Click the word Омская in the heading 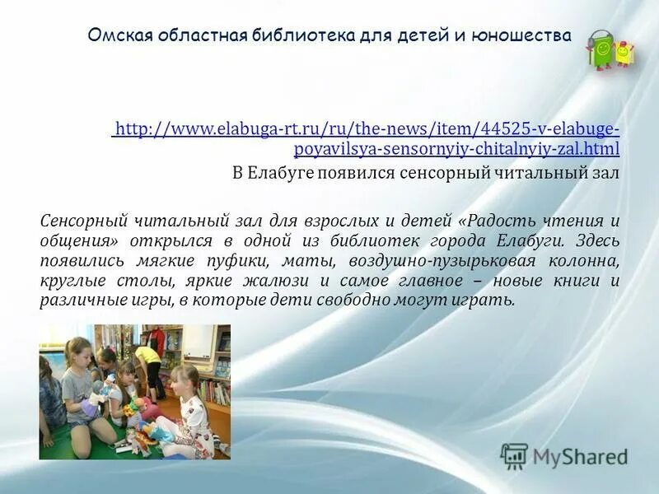pyautogui.click(x=114, y=36)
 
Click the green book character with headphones pyautogui.click(x=601, y=51)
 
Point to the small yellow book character pyautogui.click(x=624, y=54)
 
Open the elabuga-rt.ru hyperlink pyautogui.click(x=367, y=138)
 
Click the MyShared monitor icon pyautogui.click(x=514, y=455)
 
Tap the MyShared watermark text pyautogui.click(x=580, y=456)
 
